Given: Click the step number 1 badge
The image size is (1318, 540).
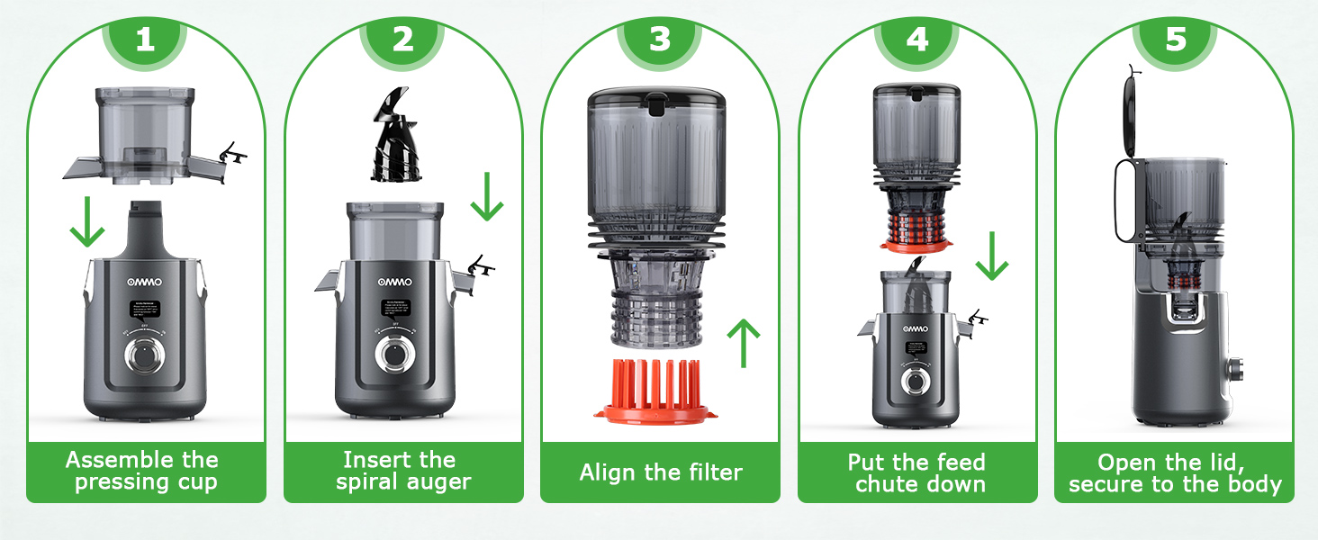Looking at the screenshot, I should tap(145, 40).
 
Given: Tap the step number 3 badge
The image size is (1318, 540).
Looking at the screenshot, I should tap(660, 40).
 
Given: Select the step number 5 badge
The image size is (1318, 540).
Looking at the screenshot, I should tap(1175, 40).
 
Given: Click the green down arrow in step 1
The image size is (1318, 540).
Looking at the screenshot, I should tap(87, 224).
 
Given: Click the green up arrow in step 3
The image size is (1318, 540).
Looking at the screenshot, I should tap(744, 342).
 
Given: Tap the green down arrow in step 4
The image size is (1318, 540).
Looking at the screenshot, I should tap(991, 256).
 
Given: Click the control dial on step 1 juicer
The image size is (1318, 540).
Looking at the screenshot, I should tap(144, 355).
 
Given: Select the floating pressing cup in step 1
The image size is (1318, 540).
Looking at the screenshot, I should tap(144, 134).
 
